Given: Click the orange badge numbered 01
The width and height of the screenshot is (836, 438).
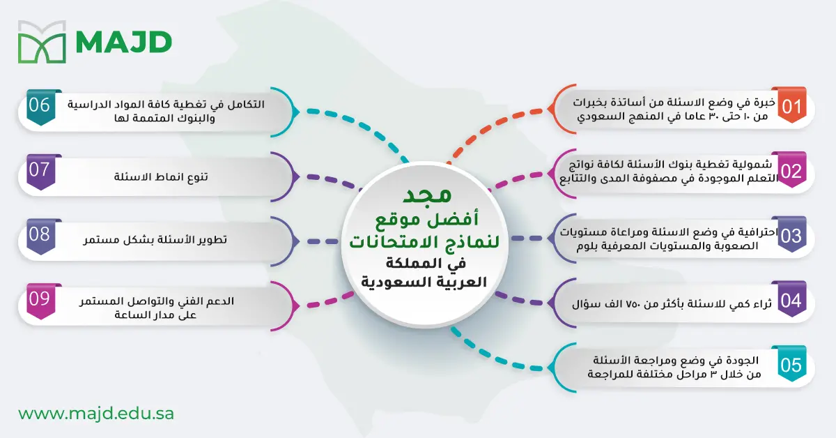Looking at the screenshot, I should click(x=791, y=107).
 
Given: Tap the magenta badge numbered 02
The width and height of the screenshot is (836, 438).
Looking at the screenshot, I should click(x=791, y=172).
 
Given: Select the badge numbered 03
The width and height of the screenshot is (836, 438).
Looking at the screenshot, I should click(x=791, y=236).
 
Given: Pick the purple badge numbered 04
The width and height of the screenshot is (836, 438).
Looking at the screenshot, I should click(x=791, y=301).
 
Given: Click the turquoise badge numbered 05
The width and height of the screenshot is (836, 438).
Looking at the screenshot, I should click(x=791, y=364).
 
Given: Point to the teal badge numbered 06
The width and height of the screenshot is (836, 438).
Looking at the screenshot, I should click(x=40, y=106).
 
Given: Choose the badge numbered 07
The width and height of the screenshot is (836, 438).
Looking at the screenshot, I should click(x=40, y=170).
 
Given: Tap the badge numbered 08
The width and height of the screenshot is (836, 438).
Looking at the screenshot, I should click(x=40, y=234).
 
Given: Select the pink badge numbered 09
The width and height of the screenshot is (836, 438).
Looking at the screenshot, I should click(x=40, y=299).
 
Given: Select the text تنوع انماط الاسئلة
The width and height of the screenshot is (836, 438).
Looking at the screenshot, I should click(x=161, y=177).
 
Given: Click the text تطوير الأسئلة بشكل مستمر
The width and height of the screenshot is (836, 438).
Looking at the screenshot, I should click(x=161, y=240).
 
